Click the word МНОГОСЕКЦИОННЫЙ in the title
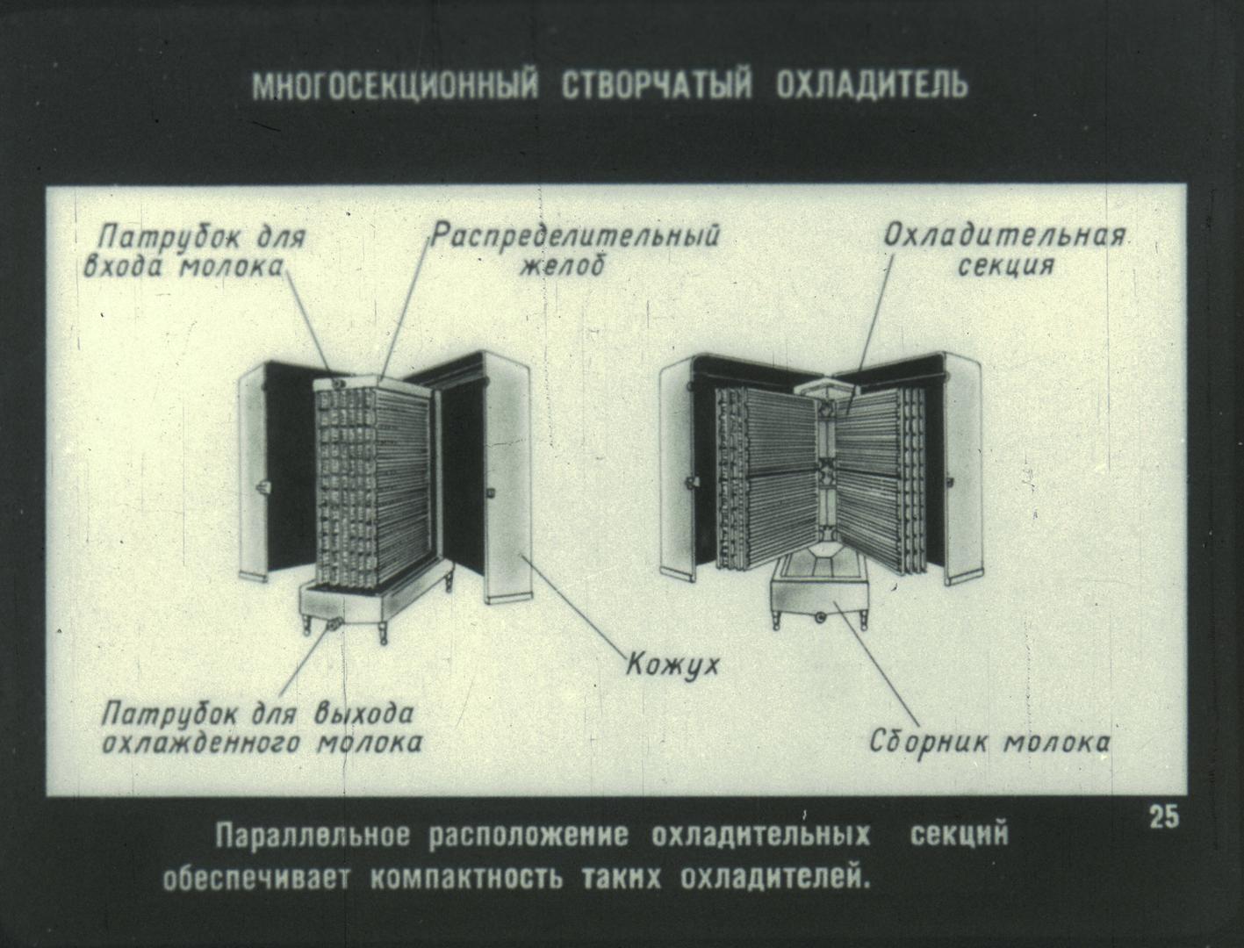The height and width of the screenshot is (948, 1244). click(x=394, y=86)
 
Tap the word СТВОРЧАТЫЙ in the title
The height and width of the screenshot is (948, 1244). click(x=657, y=86)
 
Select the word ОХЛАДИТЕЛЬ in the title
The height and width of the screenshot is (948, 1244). click(x=872, y=86)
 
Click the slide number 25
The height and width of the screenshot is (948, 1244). click(x=1164, y=817)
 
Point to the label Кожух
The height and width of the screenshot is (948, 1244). click(x=672, y=664)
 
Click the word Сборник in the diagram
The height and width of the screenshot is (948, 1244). click(x=929, y=741)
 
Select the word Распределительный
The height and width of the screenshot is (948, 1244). click(x=575, y=235)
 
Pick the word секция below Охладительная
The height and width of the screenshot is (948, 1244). click(x=1005, y=264)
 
